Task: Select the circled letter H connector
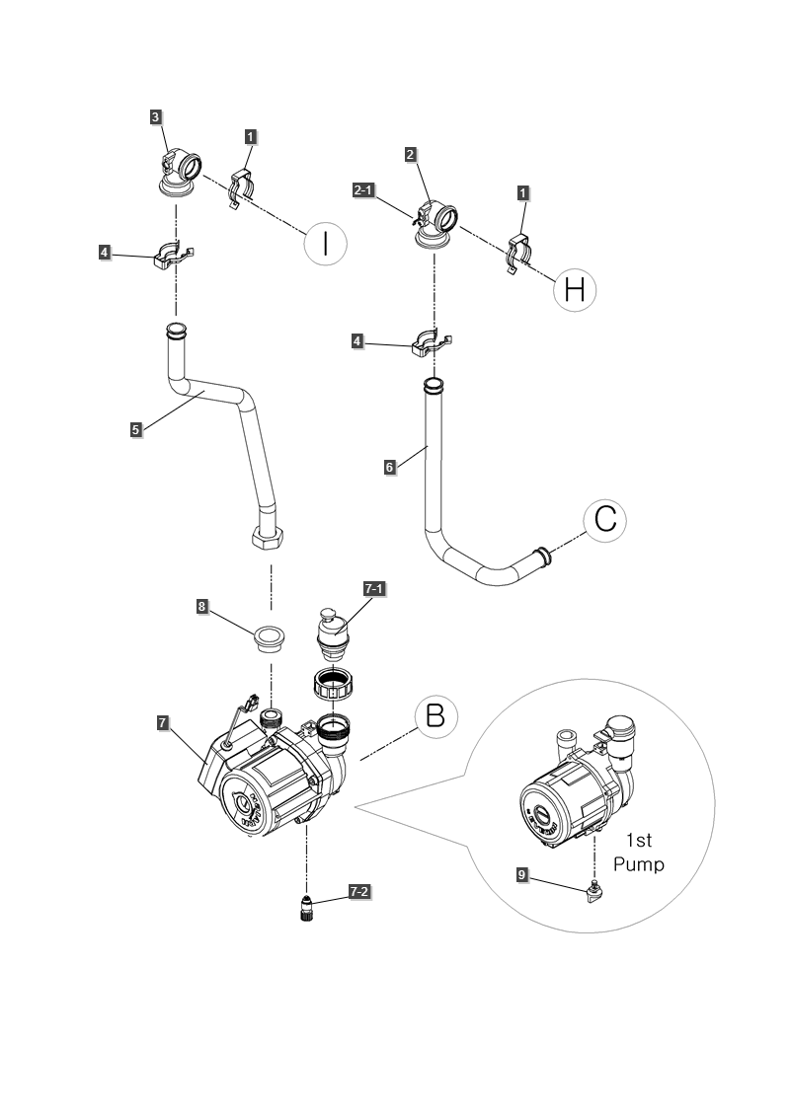(575, 288)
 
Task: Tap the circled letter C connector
(604, 520)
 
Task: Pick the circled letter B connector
(435, 717)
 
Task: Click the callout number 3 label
(155, 116)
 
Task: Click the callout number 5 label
(135, 429)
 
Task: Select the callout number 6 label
(391, 467)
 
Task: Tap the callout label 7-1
(375, 589)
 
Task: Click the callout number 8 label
(202, 607)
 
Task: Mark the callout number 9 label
(522, 873)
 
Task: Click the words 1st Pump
(637, 852)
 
